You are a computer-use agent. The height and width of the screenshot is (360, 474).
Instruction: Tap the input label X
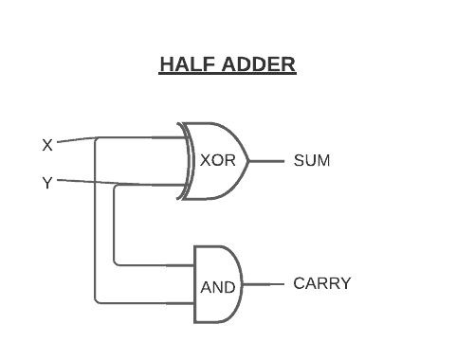coord(47,145)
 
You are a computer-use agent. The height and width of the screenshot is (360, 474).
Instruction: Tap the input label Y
coord(47,183)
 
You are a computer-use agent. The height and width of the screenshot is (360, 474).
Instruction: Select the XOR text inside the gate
coord(217,160)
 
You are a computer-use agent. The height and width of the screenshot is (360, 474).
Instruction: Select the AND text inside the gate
coord(217,287)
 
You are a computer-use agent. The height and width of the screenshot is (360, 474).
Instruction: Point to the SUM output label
coord(312,160)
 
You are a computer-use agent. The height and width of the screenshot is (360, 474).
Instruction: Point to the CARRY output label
coord(322,283)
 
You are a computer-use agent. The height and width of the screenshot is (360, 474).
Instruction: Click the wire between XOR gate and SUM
coord(267,160)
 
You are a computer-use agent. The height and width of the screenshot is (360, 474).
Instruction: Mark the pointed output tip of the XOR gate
coord(249,160)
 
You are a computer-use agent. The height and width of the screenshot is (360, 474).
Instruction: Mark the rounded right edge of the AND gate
coord(242,284)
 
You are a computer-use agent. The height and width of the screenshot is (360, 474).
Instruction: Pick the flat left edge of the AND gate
coord(194,284)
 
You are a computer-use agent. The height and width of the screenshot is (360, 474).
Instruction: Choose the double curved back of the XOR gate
coord(187,160)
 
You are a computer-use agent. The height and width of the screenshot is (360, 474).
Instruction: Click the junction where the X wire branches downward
coord(97,138)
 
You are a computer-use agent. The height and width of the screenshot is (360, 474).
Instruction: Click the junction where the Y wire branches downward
coord(116,186)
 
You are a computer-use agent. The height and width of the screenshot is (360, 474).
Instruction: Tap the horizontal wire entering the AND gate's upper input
coord(152,264)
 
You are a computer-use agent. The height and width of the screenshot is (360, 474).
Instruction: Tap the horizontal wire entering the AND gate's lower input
coord(142,303)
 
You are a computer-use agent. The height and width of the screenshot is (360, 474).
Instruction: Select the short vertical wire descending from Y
coord(114,227)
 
